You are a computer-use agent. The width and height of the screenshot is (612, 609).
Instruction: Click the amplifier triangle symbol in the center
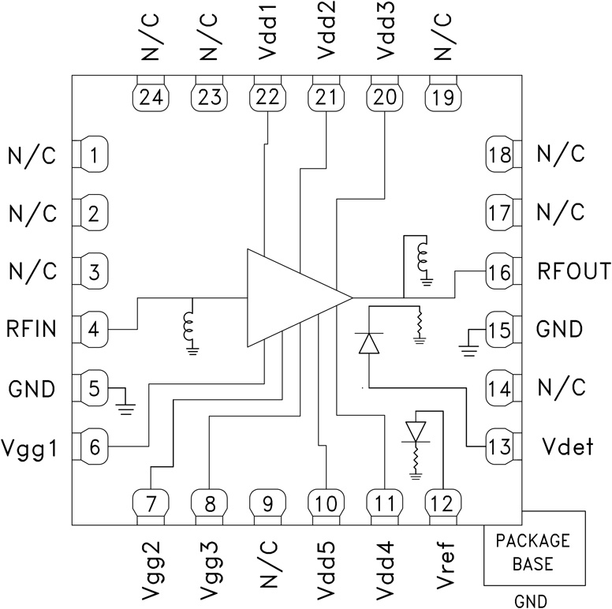[x=292, y=298]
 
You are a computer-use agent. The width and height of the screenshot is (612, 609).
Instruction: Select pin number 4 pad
[x=94, y=329]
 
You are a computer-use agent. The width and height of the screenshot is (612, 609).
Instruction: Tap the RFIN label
[x=32, y=329]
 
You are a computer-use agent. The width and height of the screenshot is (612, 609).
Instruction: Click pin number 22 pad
[x=265, y=97]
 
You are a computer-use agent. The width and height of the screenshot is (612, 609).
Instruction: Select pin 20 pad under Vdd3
[x=383, y=97]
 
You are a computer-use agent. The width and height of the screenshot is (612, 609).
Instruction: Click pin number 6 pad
[x=94, y=447]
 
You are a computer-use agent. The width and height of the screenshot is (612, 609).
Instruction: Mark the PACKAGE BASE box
[x=534, y=553]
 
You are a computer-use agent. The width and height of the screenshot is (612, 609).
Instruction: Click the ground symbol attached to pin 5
[x=125, y=407]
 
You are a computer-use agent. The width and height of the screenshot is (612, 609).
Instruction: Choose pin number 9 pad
[x=265, y=502]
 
